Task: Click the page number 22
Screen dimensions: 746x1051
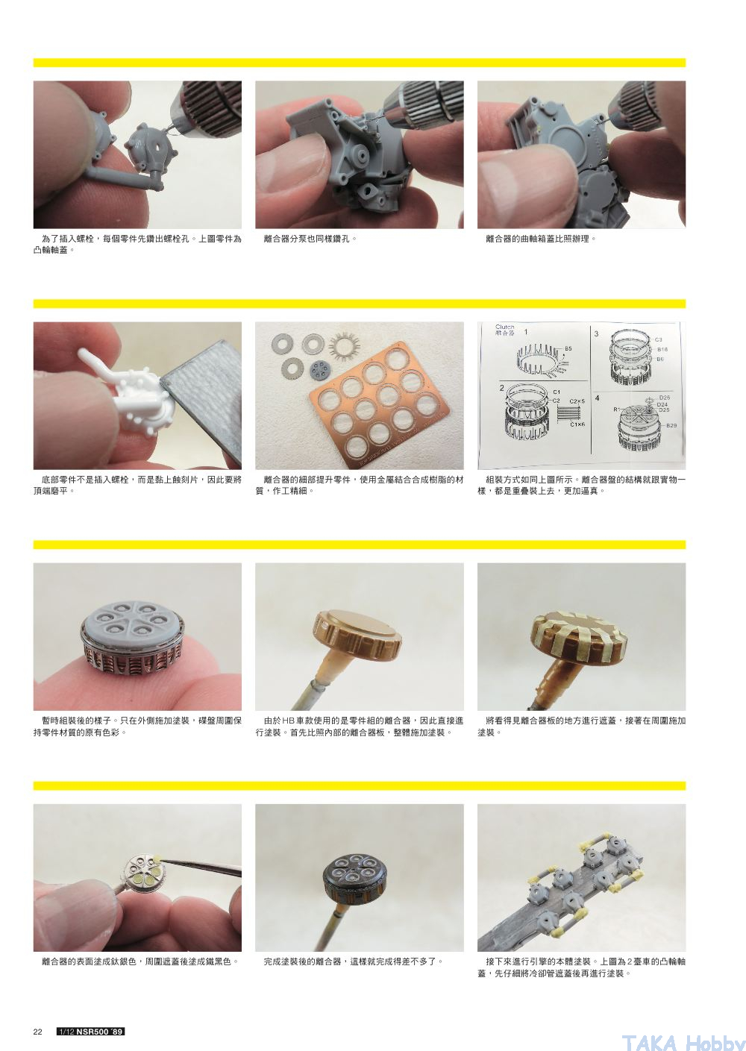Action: [x=37, y=1032]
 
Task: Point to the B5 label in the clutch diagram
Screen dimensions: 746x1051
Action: [x=568, y=348]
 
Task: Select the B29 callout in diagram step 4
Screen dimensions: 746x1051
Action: [x=671, y=426]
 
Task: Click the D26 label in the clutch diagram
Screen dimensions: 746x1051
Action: [x=665, y=398]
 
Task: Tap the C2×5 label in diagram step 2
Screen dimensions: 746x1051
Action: [x=577, y=401]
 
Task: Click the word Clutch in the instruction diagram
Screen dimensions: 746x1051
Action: [x=505, y=327]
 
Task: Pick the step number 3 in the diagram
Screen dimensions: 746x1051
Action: [x=596, y=333]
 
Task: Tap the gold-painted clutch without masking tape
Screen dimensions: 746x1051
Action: [x=357, y=635]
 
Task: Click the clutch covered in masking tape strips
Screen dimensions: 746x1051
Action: [x=579, y=634]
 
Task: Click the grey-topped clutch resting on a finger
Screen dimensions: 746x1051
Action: [x=132, y=638]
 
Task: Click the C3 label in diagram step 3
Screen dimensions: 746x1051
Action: [x=659, y=339]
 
